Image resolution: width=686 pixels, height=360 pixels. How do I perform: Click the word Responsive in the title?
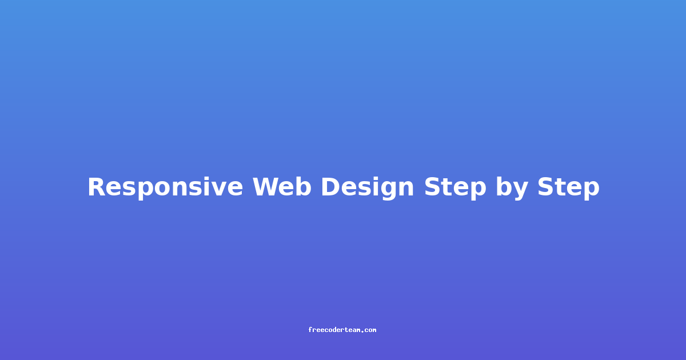pos(165,187)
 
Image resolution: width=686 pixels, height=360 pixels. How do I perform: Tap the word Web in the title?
pos(282,186)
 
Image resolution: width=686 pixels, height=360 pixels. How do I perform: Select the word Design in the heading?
pos(368,187)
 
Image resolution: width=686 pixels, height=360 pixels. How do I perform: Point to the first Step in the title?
pos(455,188)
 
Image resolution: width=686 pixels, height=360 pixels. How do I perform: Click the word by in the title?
pos(512,188)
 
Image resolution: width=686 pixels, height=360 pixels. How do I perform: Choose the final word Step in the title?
pos(568,188)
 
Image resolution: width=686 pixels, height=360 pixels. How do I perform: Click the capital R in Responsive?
pos(98,186)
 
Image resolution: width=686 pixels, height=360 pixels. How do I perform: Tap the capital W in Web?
pos(266,186)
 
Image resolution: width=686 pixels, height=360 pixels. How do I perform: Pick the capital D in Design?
pos(331,186)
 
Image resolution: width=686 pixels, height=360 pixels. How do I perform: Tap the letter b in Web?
pos(303,186)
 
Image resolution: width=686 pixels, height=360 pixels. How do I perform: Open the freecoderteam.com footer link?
pos(342,330)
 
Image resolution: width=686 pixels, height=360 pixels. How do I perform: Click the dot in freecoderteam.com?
pos(362,331)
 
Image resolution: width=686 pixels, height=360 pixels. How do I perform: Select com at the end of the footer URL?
pos(370,330)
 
